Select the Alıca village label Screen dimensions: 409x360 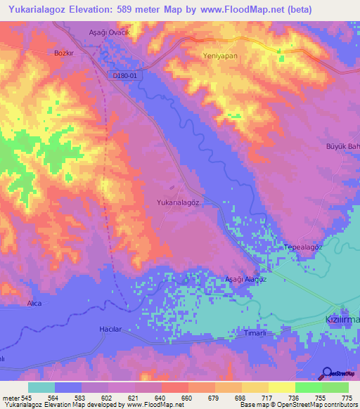tap(34, 303)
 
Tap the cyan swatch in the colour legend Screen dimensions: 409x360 tap(41, 387)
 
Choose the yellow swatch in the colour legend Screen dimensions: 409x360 tap(282, 387)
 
